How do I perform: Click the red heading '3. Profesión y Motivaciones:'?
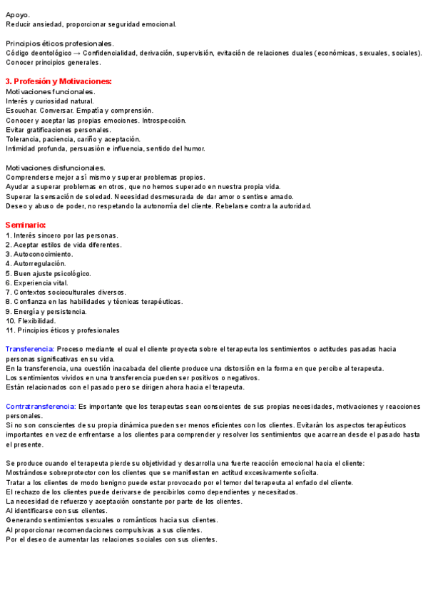pos(58,81)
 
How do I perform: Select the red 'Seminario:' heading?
pos(26,225)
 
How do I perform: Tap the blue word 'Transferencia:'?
pos(29,349)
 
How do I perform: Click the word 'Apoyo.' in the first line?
pos(18,14)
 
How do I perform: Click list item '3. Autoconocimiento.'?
pos(39,254)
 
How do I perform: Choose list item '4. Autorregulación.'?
pos(36,263)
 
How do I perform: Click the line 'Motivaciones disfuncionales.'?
pos(55,168)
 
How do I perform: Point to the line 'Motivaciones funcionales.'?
pos(50,91)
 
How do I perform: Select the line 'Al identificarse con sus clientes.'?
pos(56,511)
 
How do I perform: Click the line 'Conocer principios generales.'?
pos(53,63)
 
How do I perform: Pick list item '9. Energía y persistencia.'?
pos(46,311)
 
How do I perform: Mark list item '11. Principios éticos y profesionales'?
pos(63,330)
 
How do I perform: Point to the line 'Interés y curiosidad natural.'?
pos(50,101)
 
